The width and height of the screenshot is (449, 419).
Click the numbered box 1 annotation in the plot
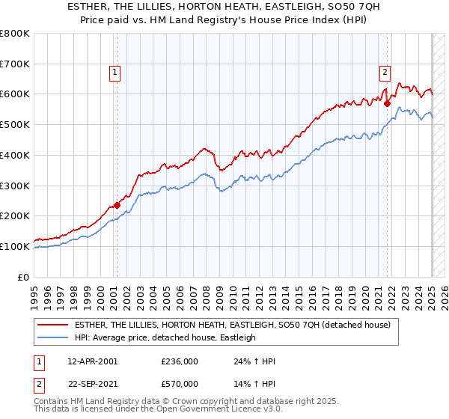click(x=115, y=73)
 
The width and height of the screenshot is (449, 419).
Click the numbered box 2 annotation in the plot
click(x=384, y=73)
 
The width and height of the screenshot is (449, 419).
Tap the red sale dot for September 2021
click(x=387, y=104)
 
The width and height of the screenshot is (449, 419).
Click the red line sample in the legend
click(x=52, y=325)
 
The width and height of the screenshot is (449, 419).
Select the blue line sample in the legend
click(x=52, y=337)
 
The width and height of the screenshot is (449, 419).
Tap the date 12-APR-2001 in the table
click(x=92, y=361)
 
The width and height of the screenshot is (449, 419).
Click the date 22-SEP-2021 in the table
click(x=92, y=384)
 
